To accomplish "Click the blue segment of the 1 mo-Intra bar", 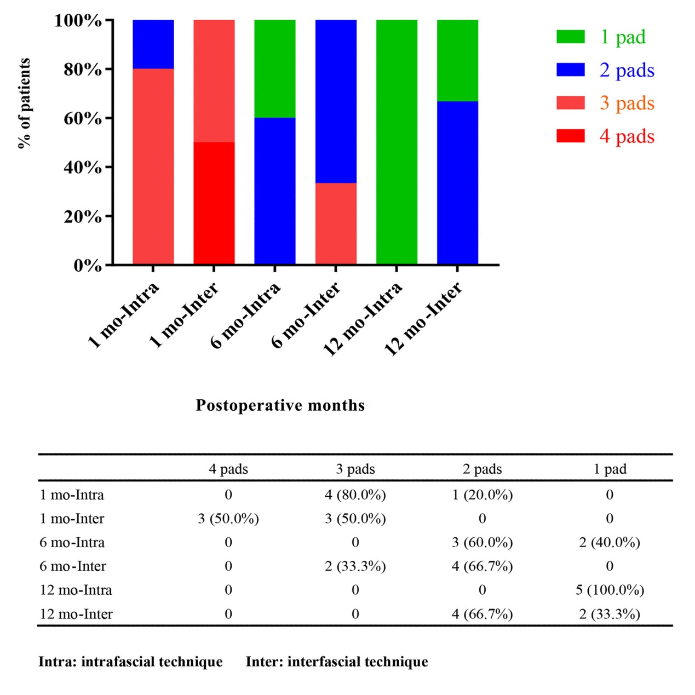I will click(153, 44).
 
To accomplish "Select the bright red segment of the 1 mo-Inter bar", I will click(214, 203).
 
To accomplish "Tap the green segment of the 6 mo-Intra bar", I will click(275, 69).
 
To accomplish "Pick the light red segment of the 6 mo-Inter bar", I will click(336, 223).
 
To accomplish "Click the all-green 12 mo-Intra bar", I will click(397, 142).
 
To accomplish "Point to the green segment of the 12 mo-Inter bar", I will click(457, 61).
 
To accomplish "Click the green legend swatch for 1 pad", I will click(570, 37).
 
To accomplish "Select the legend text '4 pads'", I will click(627, 136).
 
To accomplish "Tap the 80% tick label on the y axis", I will click(83, 70).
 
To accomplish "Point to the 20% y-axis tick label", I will click(83, 216).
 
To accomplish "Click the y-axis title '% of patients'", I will click(24, 103).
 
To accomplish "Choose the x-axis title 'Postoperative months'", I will click(280, 405).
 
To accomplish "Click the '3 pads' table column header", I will click(355, 469).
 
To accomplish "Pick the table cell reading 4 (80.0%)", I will click(355, 495).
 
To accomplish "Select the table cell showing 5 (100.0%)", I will click(610, 590).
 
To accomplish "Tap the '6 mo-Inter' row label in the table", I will click(73, 566).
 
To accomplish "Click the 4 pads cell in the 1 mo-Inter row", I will click(228, 519).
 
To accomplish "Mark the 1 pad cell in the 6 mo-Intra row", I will click(610, 543).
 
